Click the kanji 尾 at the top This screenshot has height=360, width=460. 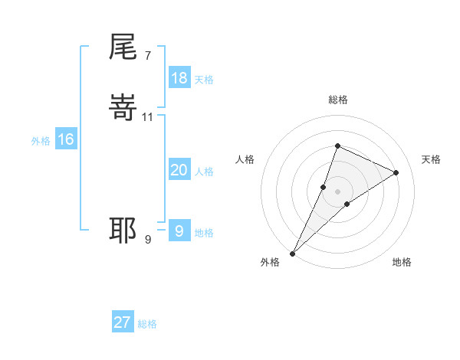click(123, 48)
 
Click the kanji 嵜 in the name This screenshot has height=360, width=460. click(123, 110)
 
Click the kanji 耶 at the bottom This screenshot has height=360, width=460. click(123, 230)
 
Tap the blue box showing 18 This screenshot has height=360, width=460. click(179, 77)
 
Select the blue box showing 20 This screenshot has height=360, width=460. click(179, 170)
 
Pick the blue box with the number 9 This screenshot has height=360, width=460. click(179, 231)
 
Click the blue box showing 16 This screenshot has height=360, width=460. click(66, 139)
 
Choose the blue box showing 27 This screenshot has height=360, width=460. click(123, 322)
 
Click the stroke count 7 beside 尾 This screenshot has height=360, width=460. click(147, 55)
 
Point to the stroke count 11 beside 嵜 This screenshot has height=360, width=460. click(148, 117)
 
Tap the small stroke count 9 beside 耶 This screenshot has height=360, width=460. click(148, 239)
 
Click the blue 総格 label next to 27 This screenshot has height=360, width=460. click(148, 324)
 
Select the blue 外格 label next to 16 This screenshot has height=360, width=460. click(41, 141)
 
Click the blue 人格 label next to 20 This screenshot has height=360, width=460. click(205, 172)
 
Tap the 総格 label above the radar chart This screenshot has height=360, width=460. click(338, 100)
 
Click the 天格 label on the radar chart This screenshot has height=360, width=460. click(432, 159)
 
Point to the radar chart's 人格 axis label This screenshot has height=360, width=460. click(245, 159)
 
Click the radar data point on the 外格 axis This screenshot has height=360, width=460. click(293, 253)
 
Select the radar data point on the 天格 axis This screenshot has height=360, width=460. click(396, 172)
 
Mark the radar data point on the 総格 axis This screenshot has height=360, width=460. click(337, 146)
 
